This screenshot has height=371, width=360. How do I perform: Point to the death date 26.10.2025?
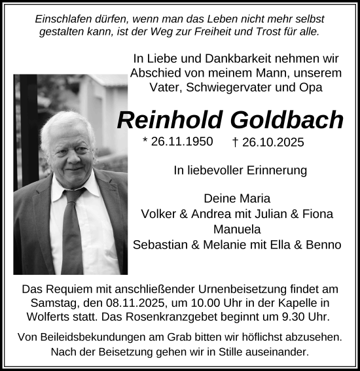click(x=274, y=142)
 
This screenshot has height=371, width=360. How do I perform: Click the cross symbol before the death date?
click(x=236, y=142)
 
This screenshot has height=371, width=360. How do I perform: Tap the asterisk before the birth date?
click(x=145, y=141)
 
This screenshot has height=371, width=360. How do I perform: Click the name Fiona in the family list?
click(x=317, y=213)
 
